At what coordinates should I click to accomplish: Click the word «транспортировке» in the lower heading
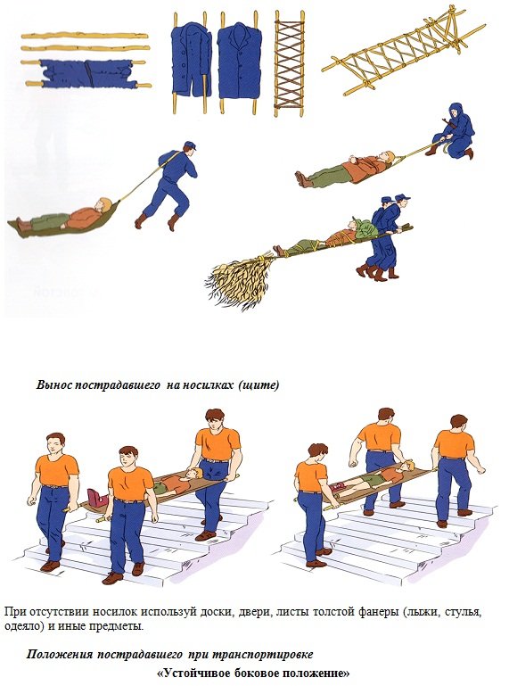[262, 655]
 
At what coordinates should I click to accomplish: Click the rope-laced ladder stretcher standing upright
[289, 63]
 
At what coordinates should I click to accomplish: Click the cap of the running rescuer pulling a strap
[190, 145]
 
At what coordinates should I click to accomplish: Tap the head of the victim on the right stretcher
[407, 466]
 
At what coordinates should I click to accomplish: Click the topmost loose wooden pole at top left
[85, 36]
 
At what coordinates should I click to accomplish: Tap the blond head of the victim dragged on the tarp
[105, 204]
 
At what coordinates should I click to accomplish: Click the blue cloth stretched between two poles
[87, 73]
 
